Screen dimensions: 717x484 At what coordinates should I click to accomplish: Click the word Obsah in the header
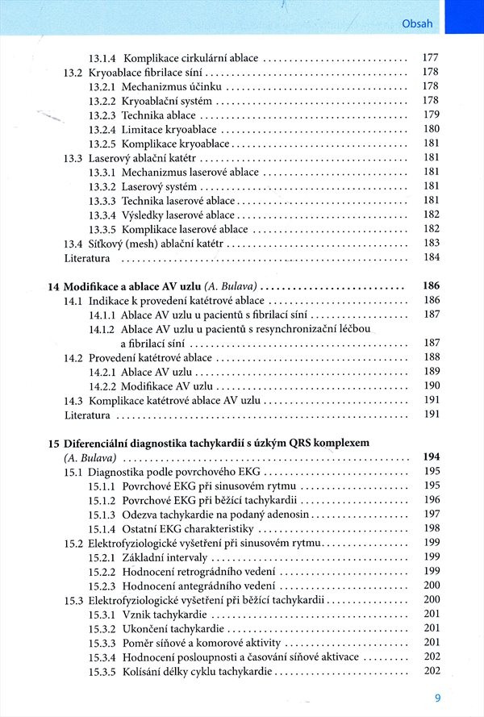coord(417,23)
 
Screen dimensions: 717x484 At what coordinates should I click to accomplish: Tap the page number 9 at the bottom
coord(436,698)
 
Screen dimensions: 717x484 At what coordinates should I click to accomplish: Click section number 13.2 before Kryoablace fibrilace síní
coord(73,72)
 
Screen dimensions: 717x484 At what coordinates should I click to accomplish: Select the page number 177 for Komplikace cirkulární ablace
coord(431,58)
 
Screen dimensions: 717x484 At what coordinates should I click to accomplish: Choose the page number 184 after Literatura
coord(431,257)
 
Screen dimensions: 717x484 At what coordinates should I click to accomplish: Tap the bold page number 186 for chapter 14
coord(431,286)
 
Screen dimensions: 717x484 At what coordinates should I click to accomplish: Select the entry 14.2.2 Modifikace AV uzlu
coord(156,386)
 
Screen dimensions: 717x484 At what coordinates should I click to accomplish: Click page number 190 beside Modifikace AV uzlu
coord(431,386)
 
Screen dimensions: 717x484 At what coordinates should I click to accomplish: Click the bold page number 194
coord(431,457)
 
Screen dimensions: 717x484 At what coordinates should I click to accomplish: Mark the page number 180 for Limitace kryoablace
coord(431,129)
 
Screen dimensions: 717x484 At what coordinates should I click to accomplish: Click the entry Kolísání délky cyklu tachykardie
coord(197,671)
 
